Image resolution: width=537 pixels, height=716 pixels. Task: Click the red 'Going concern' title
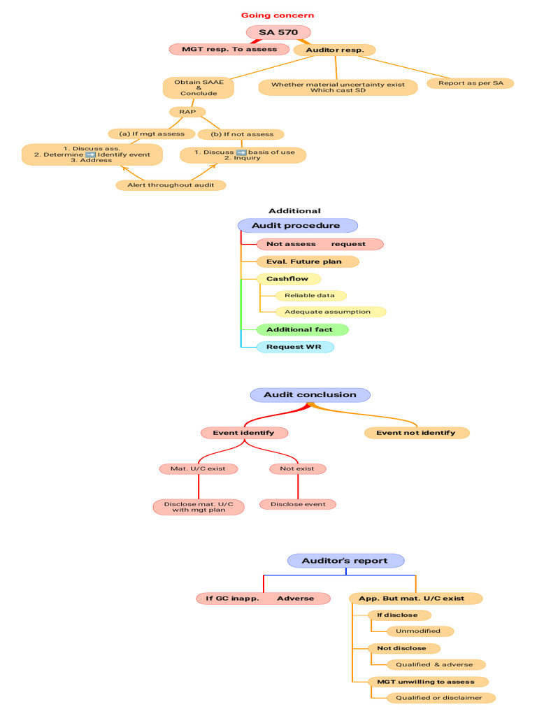tap(278, 15)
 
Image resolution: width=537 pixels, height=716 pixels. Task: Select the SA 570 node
tap(278, 32)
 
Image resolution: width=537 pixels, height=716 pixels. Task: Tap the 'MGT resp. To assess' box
tap(229, 50)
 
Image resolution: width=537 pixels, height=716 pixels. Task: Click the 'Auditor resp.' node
tap(335, 50)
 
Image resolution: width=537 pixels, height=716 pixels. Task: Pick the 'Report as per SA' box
tap(471, 83)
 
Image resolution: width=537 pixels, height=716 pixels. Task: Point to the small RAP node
tap(187, 112)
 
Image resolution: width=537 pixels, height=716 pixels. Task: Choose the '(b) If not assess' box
tap(241, 134)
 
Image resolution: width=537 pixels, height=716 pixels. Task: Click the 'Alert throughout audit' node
tap(171, 185)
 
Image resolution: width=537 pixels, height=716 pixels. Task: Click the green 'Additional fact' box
tap(302, 330)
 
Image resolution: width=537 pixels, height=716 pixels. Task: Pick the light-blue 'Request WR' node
tap(295, 347)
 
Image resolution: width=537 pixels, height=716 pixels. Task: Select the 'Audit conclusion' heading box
tap(310, 395)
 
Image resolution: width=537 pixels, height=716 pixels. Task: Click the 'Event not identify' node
tap(417, 433)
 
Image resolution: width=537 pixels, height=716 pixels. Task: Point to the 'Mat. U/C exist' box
tap(198, 469)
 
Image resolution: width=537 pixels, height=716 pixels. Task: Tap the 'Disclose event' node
tap(298, 505)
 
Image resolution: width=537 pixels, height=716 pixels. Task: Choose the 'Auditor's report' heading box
tap(345, 561)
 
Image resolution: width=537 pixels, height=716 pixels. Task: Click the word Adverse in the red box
tap(296, 599)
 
